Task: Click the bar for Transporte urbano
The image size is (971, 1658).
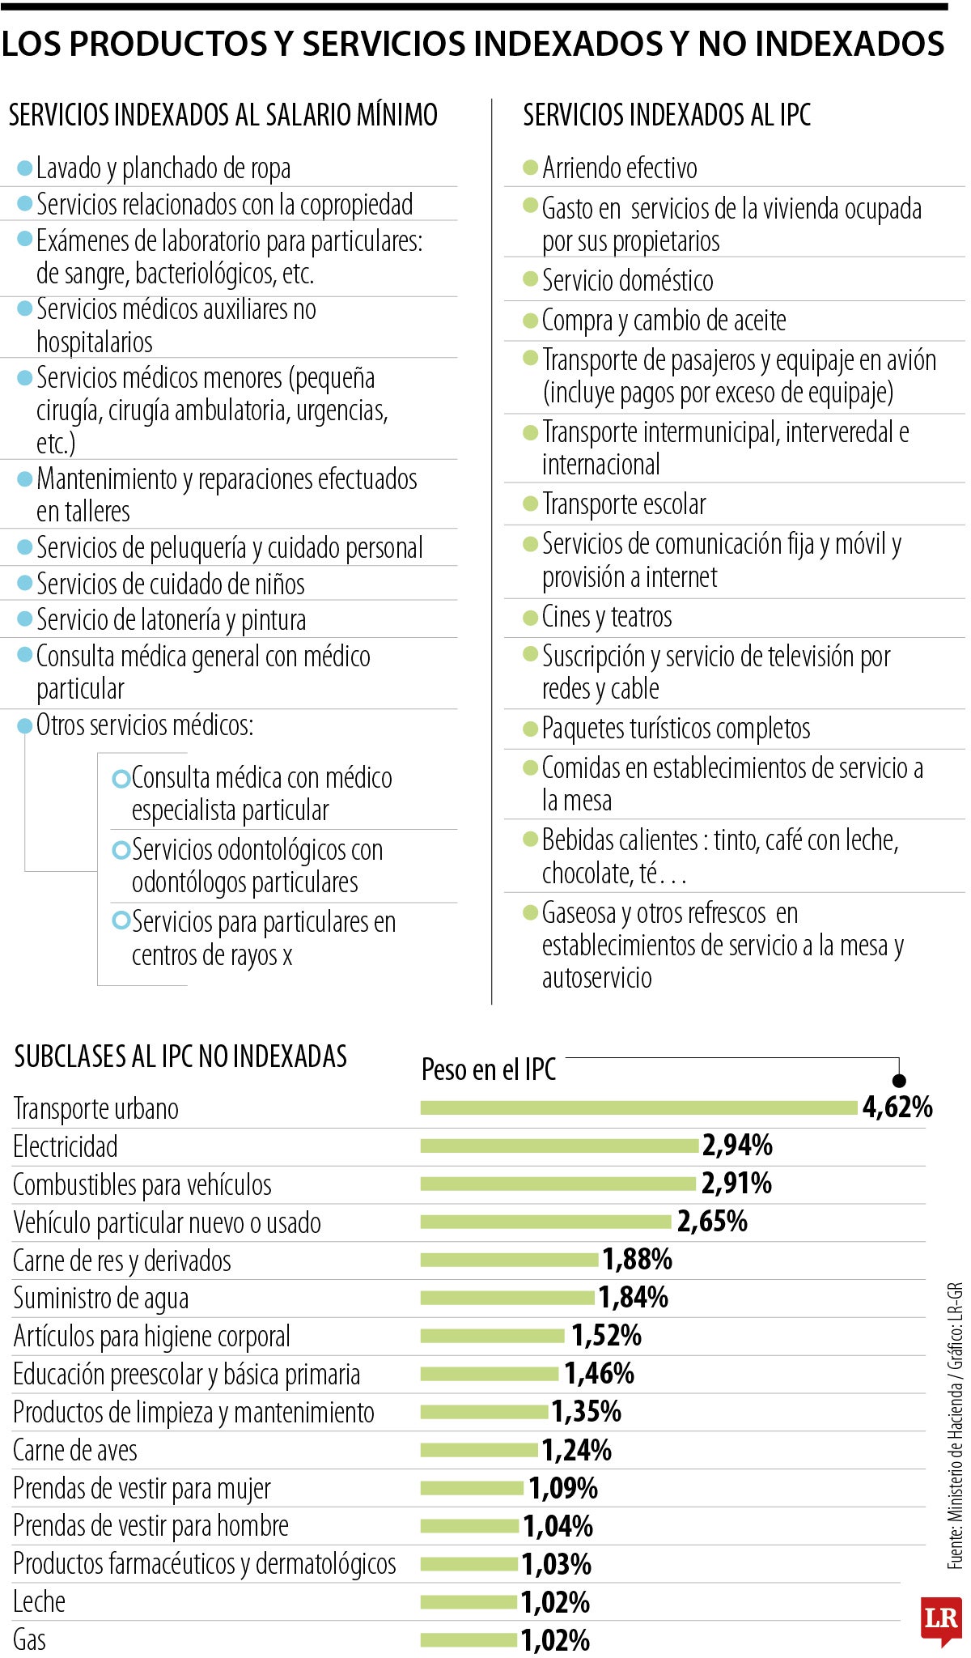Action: click(638, 1107)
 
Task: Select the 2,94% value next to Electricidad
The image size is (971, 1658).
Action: click(737, 1146)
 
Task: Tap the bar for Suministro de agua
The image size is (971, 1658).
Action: click(507, 1298)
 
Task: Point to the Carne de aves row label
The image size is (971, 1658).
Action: click(75, 1450)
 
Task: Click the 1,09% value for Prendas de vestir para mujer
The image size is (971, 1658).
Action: click(563, 1488)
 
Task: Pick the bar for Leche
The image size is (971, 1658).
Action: click(469, 1601)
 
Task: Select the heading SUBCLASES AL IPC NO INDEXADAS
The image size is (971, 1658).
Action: click(180, 1056)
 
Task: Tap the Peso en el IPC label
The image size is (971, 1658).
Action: click(489, 1069)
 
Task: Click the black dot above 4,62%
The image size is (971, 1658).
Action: click(899, 1081)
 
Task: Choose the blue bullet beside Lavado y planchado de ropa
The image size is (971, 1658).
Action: click(25, 168)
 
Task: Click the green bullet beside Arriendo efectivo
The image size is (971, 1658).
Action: click(531, 168)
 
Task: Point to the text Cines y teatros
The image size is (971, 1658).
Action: click(607, 617)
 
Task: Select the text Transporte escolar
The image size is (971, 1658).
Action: click(624, 504)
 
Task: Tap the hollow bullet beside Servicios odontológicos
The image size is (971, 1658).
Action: click(121, 850)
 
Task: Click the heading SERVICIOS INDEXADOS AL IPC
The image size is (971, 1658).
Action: click(667, 115)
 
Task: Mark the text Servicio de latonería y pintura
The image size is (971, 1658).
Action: click(172, 620)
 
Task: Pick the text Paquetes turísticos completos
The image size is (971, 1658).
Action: click(676, 729)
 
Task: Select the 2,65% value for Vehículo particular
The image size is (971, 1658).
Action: click(712, 1222)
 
